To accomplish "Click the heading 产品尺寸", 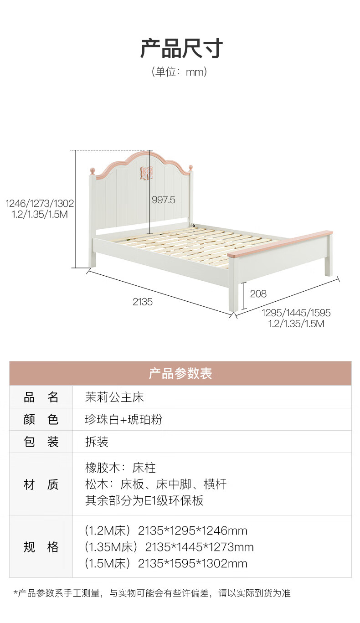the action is tap(181, 48).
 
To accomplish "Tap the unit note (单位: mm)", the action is tap(180, 72).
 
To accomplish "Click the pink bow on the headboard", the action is tap(146, 173).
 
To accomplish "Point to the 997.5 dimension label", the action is tap(163, 200).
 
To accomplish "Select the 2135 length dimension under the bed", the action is tap(143, 302).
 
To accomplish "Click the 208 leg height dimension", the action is tap(258, 294).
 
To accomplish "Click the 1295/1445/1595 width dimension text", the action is tap(296, 313).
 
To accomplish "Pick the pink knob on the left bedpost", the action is tap(93, 170).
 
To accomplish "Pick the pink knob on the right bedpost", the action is tap(190, 167).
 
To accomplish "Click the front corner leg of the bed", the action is tap(233, 296).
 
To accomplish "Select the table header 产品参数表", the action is tap(180, 374).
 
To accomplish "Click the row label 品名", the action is tap(41, 397).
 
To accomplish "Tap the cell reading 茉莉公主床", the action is tap(114, 397).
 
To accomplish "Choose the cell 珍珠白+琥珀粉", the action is tap(123, 419).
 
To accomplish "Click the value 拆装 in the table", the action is tap(97, 442).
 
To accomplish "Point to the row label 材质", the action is tap(41, 484).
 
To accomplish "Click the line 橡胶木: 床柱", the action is tap(120, 468).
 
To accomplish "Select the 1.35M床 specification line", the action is tap(169, 547).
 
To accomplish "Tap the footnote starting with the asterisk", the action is tap(152, 593).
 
